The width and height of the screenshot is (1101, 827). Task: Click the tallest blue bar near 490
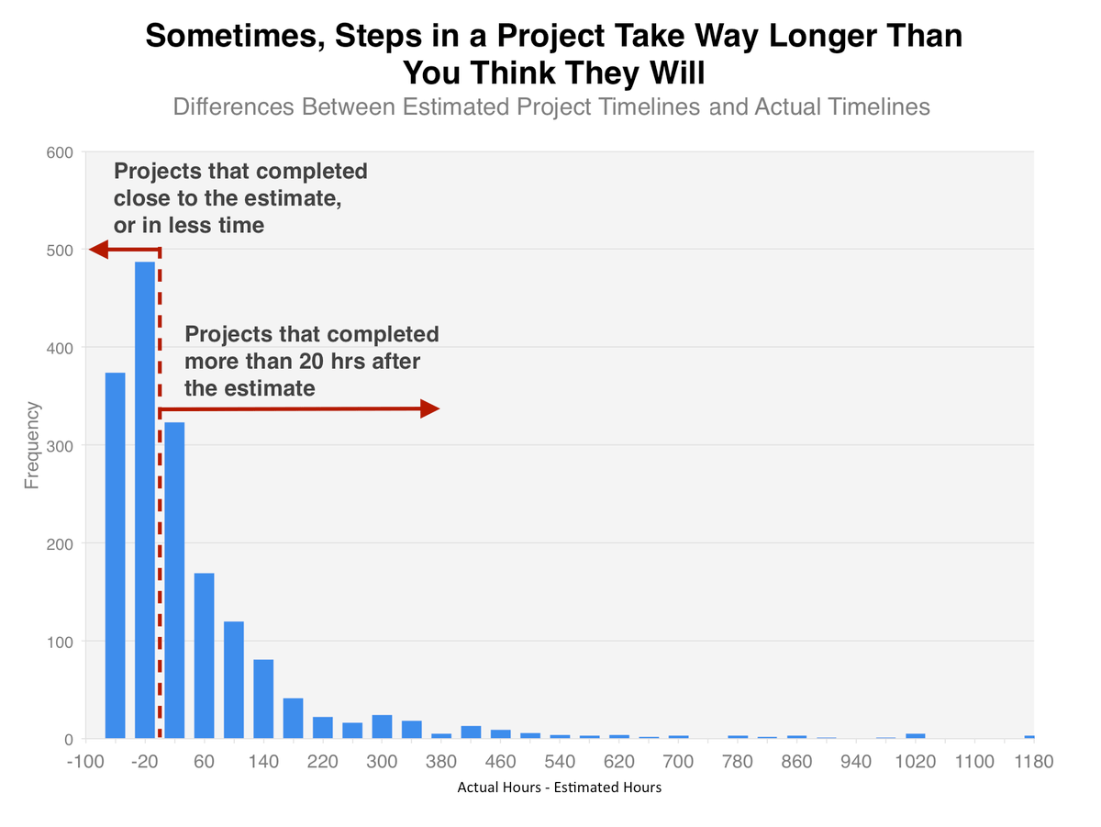tap(145, 500)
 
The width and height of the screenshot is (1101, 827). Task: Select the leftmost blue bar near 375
tap(115, 555)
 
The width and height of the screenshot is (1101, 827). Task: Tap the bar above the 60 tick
tap(204, 655)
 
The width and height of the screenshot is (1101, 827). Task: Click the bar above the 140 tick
tap(263, 698)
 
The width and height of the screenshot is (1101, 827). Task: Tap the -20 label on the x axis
tap(146, 763)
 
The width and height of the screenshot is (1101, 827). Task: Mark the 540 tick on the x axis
tap(560, 763)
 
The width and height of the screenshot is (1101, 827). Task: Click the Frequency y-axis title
tap(33, 445)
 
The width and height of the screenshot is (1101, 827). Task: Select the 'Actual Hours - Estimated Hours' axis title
tap(559, 788)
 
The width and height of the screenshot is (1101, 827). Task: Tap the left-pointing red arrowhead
tap(98, 250)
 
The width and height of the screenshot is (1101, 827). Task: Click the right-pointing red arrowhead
tap(430, 409)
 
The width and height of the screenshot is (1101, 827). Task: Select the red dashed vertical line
tap(160, 551)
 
